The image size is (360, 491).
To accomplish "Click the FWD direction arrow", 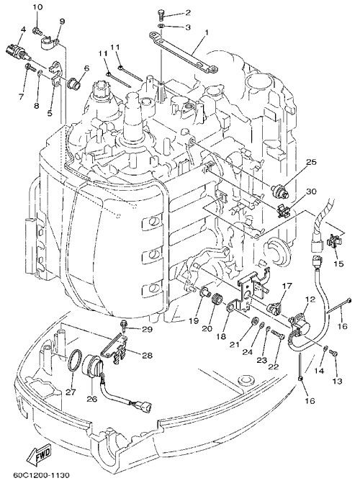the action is [39, 456].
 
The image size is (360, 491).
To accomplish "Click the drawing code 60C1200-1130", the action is [41, 475].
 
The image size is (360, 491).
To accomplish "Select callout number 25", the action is [311, 162].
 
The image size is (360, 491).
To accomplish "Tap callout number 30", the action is [311, 191].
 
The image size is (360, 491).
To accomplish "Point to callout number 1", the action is [207, 32].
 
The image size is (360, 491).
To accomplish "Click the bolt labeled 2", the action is [159, 14].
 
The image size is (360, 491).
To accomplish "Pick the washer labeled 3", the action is [160, 26].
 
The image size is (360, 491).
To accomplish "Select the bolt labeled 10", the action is [37, 31].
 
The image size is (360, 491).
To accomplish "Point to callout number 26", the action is [92, 399].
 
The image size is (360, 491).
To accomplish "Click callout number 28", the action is [147, 356].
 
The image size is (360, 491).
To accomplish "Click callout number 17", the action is [287, 286].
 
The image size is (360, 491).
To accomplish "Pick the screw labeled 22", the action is [277, 334].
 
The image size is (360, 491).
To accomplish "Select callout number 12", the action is [310, 299].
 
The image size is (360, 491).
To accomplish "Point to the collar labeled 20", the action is [217, 299].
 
